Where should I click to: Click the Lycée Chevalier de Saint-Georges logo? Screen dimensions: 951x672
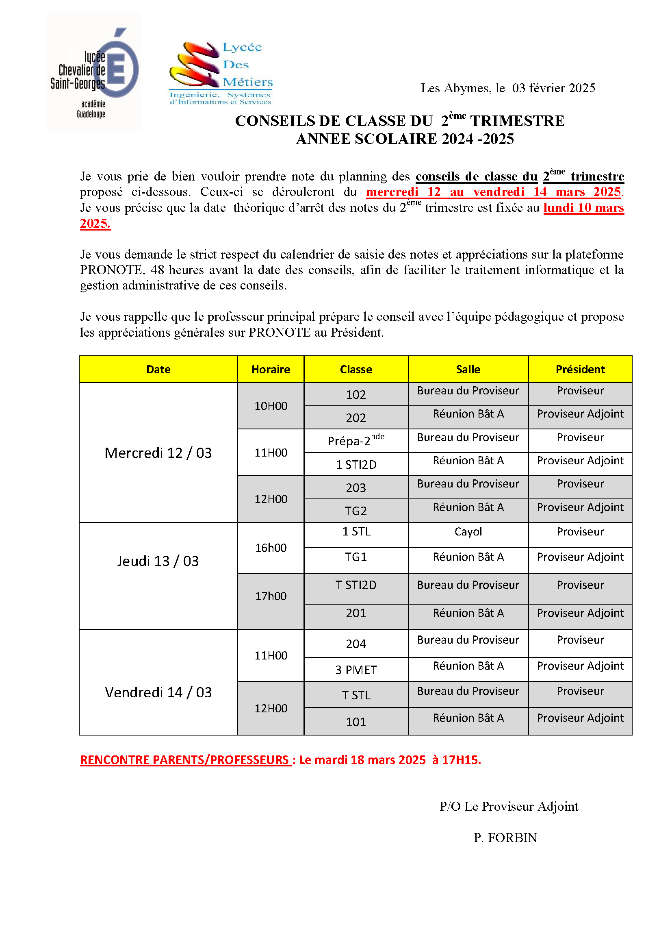pos(94,72)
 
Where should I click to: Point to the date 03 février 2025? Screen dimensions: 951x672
pos(553,88)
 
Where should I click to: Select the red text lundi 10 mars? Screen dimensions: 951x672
pos(583,207)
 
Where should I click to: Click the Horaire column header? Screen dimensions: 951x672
pos(271,369)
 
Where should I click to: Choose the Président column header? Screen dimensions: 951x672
pos(580,369)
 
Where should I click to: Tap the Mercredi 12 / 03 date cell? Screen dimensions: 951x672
pos(158,453)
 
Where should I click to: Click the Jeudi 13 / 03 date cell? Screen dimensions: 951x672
pos(158,561)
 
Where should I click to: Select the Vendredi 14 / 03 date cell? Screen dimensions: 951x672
pos(158,692)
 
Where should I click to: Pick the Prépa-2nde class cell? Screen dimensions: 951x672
pos(356,441)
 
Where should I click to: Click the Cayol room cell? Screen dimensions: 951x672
pos(468,531)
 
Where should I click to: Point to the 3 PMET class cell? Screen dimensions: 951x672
pos(356,670)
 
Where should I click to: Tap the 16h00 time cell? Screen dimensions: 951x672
pos(271,548)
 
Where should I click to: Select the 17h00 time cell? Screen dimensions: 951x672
pos(271,596)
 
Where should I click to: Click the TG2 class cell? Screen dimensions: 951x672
pos(356,511)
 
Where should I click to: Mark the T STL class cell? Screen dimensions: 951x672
pos(356,695)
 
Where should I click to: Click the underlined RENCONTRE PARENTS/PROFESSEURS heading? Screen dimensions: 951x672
pos(185,759)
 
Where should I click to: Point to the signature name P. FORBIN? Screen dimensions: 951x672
pos(505,838)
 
